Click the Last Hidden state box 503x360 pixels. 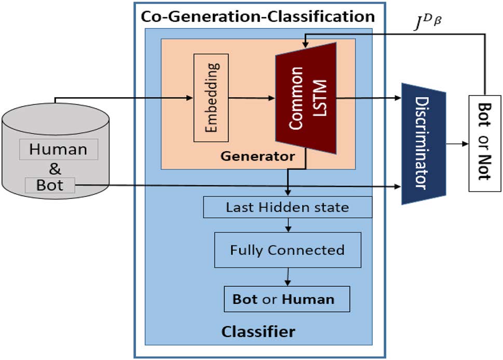point(288,208)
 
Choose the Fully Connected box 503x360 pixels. point(288,250)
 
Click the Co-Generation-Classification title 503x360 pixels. point(257,16)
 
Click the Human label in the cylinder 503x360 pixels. point(58,150)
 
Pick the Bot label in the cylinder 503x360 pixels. point(50,184)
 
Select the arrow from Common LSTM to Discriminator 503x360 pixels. point(369,97)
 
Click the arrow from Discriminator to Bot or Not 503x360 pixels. point(457,144)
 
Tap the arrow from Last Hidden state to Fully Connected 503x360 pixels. point(288,224)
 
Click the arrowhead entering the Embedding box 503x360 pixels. point(190,97)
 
